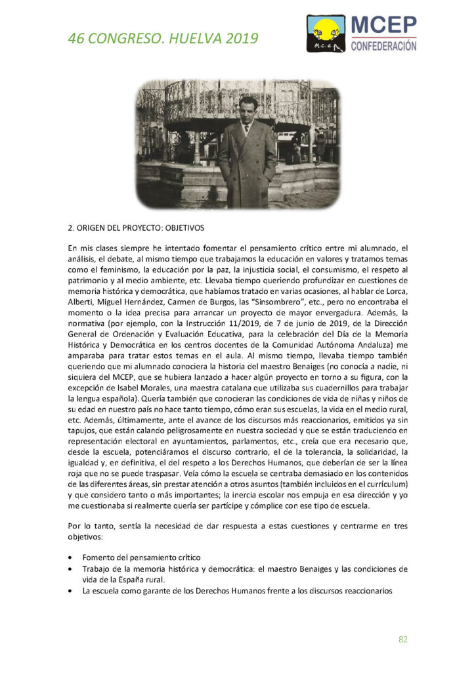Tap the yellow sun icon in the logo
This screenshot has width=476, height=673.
[x=326, y=28]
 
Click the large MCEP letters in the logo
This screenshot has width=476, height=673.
[x=384, y=25]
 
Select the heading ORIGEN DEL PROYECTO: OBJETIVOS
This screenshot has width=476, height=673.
[x=136, y=229]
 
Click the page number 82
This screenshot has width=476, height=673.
[x=403, y=639]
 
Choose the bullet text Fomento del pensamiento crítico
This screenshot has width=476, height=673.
[x=141, y=557]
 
